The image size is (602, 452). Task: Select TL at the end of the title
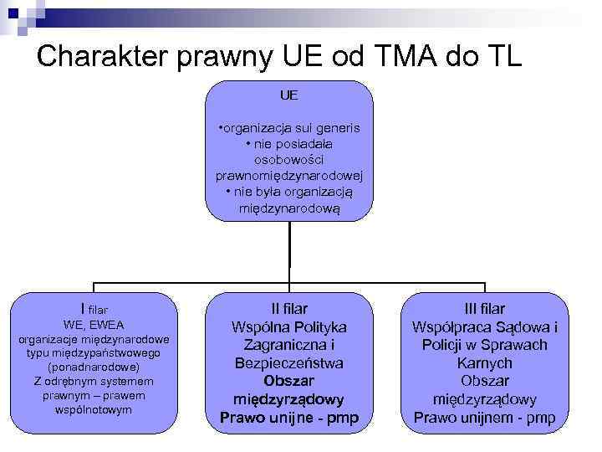tap(500, 56)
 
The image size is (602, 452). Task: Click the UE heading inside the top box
tap(289, 96)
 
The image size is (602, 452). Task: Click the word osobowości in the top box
tap(289, 159)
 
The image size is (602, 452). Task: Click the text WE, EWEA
tap(94, 324)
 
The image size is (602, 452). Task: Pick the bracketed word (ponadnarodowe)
tap(94, 367)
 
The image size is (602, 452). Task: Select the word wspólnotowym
tap(94, 409)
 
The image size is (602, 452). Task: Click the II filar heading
tap(289, 309)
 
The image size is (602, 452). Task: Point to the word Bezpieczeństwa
tap(289, 363)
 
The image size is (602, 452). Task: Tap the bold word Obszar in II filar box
tap(289, 381)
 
